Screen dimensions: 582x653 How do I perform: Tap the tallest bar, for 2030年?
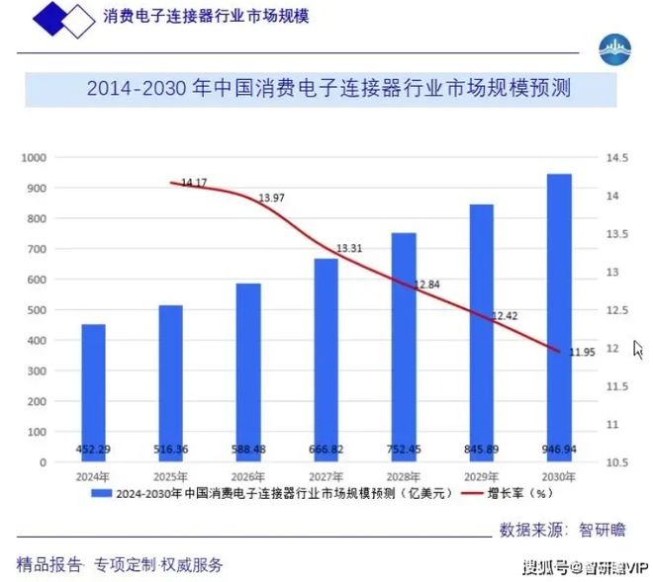coord(559,317)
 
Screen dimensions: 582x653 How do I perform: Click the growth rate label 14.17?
coord(194,183)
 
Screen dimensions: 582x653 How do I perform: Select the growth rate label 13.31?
coord(349,248)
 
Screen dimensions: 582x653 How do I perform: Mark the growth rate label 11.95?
coord(582,352)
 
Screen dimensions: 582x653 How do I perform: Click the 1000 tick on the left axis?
coord(36,158)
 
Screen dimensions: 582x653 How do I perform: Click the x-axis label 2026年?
coord(248,476)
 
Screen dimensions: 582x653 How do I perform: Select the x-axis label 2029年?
coord(482,476)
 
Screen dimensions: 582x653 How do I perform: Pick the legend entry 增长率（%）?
coord(524,491)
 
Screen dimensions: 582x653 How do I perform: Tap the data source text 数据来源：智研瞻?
coord(562,530)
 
